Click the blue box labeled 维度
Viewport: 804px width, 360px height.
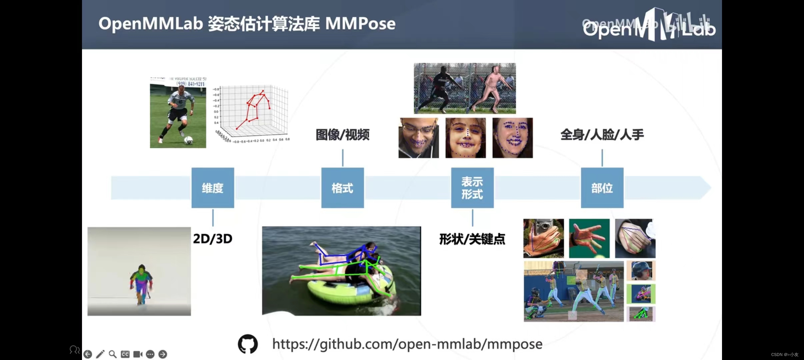coord(213,188)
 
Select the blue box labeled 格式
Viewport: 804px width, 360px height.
coord(342,188)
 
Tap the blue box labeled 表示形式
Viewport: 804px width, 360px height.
coord(472,188)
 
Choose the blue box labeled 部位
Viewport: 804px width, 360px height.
coord(602,188)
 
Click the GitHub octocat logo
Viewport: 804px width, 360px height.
coord(248,344)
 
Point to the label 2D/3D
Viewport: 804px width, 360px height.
coord(213,239)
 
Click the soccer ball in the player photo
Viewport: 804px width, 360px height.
coord(189,140)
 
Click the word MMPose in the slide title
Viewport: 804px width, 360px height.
coord(360,24)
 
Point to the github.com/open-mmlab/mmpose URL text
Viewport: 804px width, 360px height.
coord(407,344)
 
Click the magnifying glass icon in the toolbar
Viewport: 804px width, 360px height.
coord(113,354)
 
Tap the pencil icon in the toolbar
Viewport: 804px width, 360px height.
coord(100,354)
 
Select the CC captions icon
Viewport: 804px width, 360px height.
coord(125,354)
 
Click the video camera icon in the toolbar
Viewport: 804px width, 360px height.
coord(138,354)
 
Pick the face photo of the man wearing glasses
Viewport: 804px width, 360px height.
coord(419,138)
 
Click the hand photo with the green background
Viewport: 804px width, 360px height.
coord(589,238)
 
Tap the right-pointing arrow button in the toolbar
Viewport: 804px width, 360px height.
coord(163,354)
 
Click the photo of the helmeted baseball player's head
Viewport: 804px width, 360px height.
coord(641,271)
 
